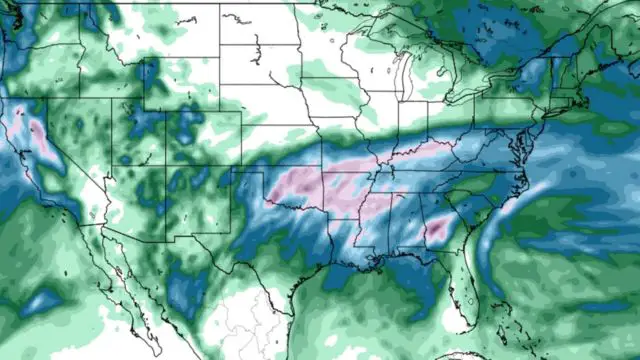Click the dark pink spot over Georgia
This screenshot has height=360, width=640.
pos(437,232)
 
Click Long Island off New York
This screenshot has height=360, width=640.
pos(560,113)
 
